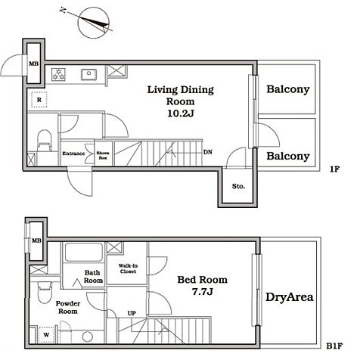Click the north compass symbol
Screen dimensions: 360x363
pos(93,23)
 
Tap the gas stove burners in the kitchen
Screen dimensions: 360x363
pos(58,75)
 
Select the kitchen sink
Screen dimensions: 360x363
pos(88,75)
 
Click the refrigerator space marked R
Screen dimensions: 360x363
pos(39,100)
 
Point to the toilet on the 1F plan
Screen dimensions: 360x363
pos(44,141)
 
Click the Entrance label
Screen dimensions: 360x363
pos(73,154)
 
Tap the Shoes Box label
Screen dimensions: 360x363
pos(103,155)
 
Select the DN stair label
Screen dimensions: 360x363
pos(208,152)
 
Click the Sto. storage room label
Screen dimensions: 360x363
pos(238,186)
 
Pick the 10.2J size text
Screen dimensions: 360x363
pos(181,113)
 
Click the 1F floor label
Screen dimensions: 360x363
pos(334,169)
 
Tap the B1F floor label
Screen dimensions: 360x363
pos(334,346)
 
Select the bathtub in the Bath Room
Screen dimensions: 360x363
pos(84,252)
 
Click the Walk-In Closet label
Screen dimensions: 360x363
pos(128,268)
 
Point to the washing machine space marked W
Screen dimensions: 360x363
pos(46,335)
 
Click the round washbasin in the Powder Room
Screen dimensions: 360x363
pos(88,337)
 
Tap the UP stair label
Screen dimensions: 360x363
pos(132,313)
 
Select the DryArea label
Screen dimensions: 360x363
pos(290,297)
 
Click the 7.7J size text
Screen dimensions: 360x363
pos(203,292)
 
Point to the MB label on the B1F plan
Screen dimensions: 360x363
pos(36,240)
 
